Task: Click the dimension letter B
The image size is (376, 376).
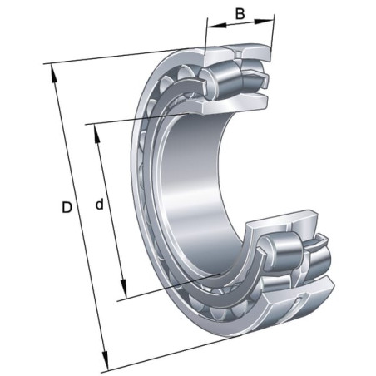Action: (240, 14)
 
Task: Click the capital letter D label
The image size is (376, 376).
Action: (67, 207)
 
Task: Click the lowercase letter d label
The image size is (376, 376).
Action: (99, 205)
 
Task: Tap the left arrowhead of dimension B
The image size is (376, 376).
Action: (217, 25)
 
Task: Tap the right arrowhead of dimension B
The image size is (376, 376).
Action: (264, 22)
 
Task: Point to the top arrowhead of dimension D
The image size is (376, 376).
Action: (53, 73)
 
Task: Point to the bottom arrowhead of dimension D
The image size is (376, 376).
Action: (105, 361)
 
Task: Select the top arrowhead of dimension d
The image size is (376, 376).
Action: (96, 134)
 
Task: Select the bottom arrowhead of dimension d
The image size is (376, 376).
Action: (124, 289)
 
